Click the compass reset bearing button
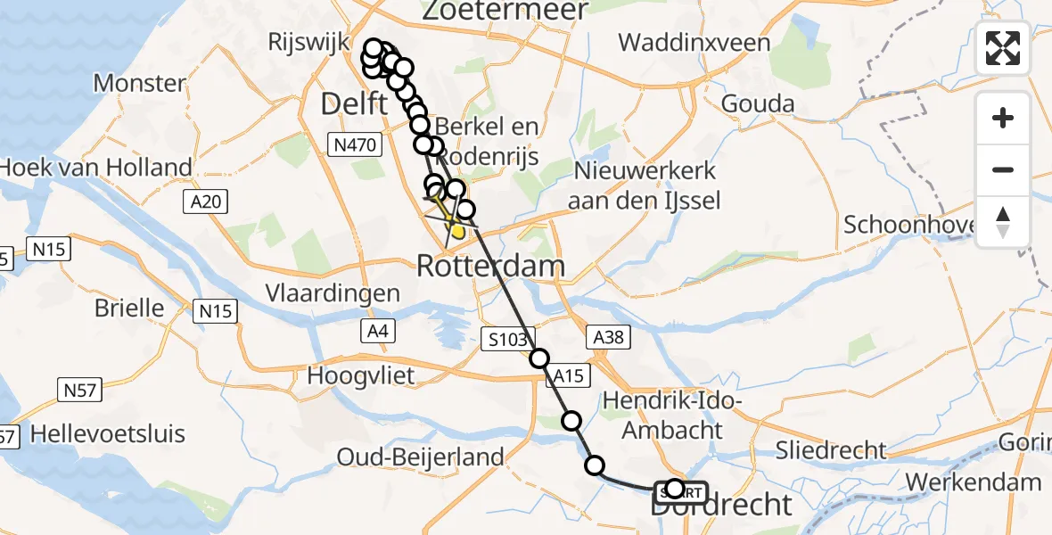pyautogui.click(x=1003, y=222)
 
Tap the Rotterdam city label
pyautogui.click(x=491, y=266)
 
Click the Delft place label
pyautogui.click(x=354, y=105)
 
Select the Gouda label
pyautogui.click(x=758, y=103)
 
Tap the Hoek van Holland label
pyautogui.click(x=96, y=167)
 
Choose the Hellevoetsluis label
pyautogui.click(x=108, y=434)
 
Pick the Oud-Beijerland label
pyautogui.click(x=420, y=457)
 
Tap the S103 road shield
pyautogui.click(x=506, y=338)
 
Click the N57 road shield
pyautogui.click(x=80, y=390)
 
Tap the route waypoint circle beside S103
pyautogui.click(x=539, y=358)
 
